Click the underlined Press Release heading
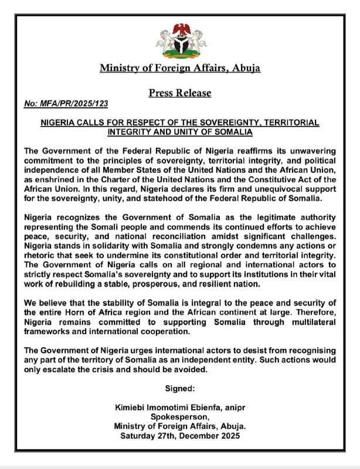(x=180, y=93)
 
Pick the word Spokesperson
(x=180, y=417)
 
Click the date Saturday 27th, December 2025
(x=180, y=436)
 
